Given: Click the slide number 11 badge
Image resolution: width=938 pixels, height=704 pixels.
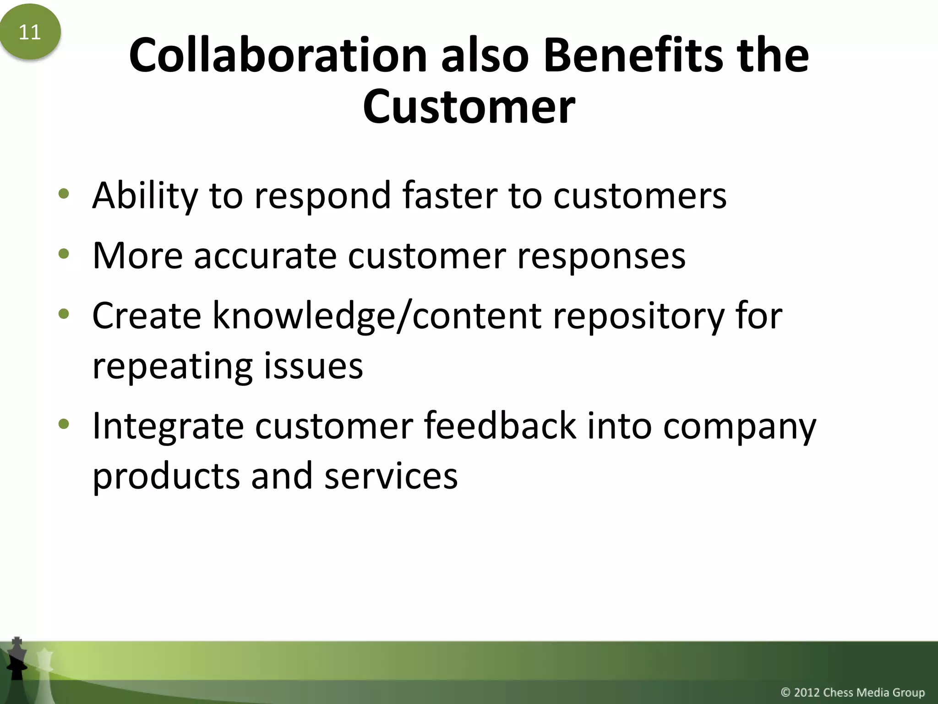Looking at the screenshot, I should tap(30, 32).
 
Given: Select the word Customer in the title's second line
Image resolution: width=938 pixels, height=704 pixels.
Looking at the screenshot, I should tap(469, 106).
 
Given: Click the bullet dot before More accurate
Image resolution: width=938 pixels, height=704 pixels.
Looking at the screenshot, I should tap(64, 253).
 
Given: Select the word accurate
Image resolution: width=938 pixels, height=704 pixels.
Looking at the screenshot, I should tap(265, 256).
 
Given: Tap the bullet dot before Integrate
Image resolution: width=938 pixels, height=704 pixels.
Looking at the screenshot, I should tap(64, 424).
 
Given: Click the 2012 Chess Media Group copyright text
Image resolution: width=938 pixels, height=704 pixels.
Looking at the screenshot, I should tap(852, 692).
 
